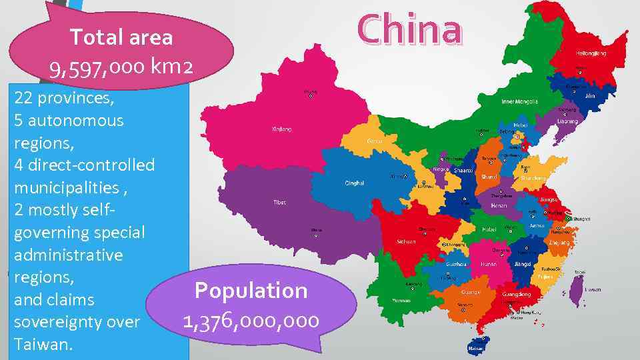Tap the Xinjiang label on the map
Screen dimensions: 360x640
pos(281,129)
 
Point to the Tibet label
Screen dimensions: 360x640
pos(279,202)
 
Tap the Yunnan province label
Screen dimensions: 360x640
pos(402,301)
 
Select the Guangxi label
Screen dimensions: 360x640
pos(471,292)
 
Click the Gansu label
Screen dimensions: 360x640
pos(374,141)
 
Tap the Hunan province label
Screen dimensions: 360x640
pos(489,264)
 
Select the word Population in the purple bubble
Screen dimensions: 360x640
pos(251,291)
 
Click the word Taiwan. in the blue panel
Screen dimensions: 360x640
pos(42,344)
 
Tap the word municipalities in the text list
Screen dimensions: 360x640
pos(65,187)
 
